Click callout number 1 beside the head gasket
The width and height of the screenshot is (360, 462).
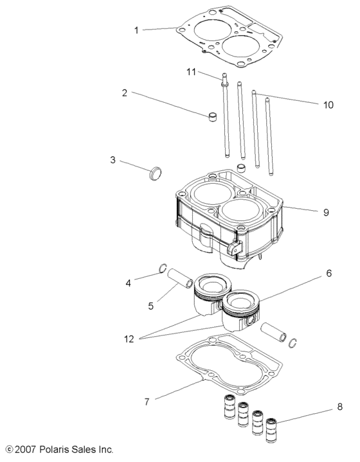click(x=136, y=30)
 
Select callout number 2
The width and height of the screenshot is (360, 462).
click(x=125, y=93)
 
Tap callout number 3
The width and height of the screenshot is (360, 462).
click(x=113, y=160)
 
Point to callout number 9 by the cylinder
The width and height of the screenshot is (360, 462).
click(x=327, y=211)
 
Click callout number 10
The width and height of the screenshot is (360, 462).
click(x=328, y=103)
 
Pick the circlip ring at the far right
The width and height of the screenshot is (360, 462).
click(x=294, y=342)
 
